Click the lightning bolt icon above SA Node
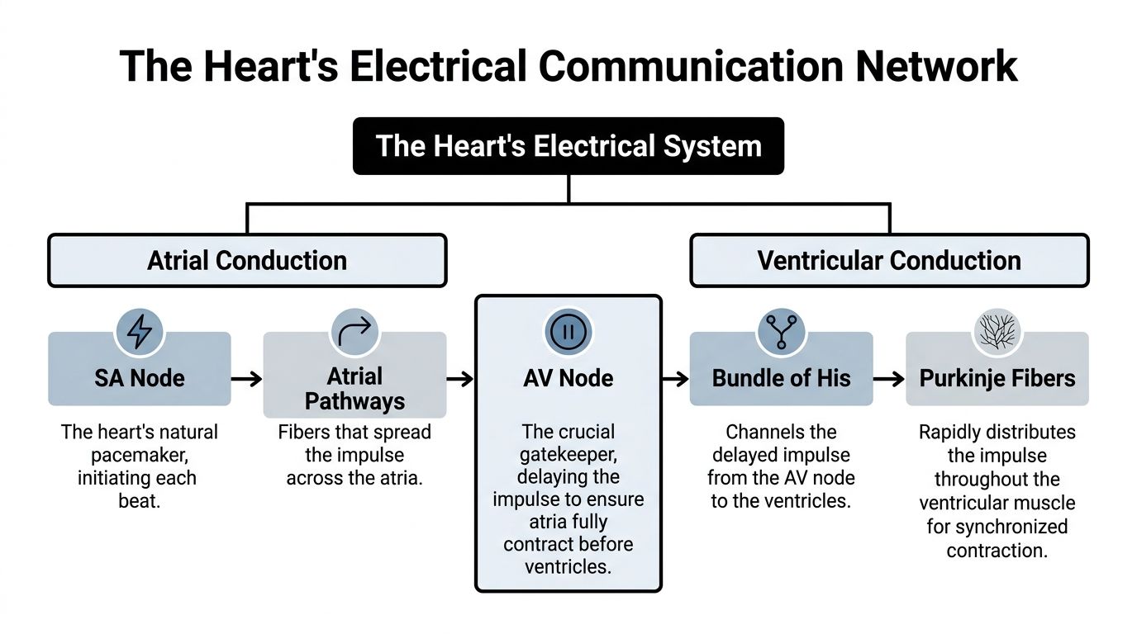click(139, 332)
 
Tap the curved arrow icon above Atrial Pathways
click(354, 332)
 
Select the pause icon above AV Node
click(568, 332)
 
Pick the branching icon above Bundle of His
click(782, 332)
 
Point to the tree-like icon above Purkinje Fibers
click(997, 332)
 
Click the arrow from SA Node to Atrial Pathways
click(246, 379)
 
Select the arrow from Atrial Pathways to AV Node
click(460, 379)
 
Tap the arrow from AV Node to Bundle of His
click(675, 379)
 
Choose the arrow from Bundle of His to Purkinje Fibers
click(889, 379)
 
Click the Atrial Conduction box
click(247, 261)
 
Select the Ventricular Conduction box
click(889, 261)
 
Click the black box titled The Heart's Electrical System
click(568, 146)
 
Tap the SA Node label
click(139, 379)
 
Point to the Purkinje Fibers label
click(997, 379)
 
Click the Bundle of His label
click(782, 379)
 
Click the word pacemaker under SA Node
click(139, 455)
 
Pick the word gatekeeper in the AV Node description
click(568, 455)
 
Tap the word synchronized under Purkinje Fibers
click(997, 527)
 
